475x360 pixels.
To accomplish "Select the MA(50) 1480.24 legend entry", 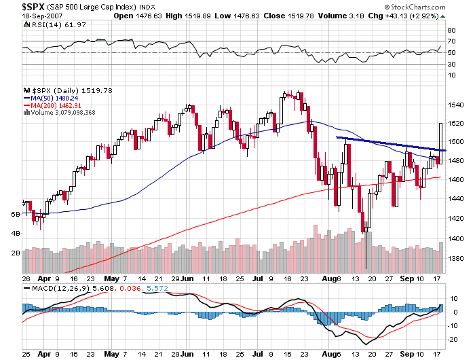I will [x=51, y=97].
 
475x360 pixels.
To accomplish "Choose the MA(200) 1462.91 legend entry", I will [x=53, y=105].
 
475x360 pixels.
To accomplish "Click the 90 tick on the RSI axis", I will [x=450, y=31].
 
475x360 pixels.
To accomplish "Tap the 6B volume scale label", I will [x=15, y=214].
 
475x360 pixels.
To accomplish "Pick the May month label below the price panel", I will [x=113, y=279].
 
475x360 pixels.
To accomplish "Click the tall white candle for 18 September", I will [x=442, y=143].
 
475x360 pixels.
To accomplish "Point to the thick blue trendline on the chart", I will [x=387, y=143].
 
